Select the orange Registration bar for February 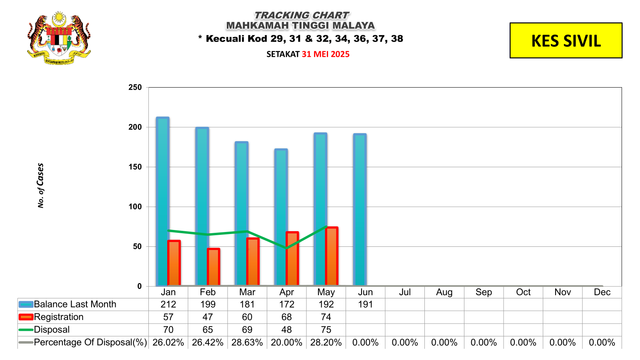point(214,267)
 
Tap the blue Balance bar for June point(360,210)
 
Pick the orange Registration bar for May point(332,256)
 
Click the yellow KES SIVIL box point(566,40)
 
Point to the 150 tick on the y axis point(135,167)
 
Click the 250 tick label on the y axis point(135,87)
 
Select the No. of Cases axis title point(40,185)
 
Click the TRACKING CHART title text point(301,15)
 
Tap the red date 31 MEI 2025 point(326,54)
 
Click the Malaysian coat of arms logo point(59,38)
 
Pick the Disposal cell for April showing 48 point(286,330)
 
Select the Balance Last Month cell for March point(247,304)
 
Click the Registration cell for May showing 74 point(326,317)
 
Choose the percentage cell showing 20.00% point(286,342)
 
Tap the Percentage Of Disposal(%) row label point(90,342)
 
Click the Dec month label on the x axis point(602,292)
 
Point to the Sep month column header point(484,292)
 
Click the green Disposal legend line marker point(26,330)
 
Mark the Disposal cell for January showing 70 point(168,330)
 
